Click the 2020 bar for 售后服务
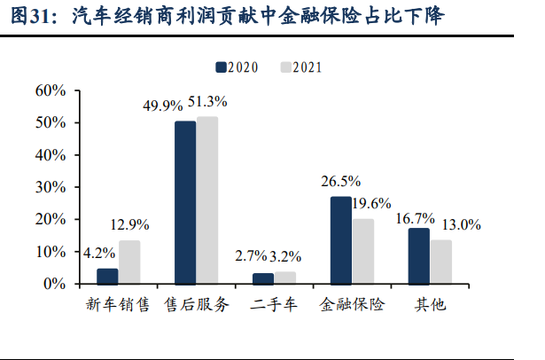click(x=185, y=202)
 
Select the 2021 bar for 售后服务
click(x=207, y=200)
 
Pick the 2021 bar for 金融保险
click(x=363, y=251)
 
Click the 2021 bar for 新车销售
click(x=129, y=262)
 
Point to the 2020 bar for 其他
click(x=419, y=255)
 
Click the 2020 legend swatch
click(x=220, y=67)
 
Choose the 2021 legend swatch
click(x=285, y=67)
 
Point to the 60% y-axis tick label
click(x=50, y=90)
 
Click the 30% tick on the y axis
click(x=50, y=187)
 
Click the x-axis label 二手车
click(x=274, y=305)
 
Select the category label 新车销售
click(x=118, y=305)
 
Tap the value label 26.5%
click(x=340, y=181)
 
